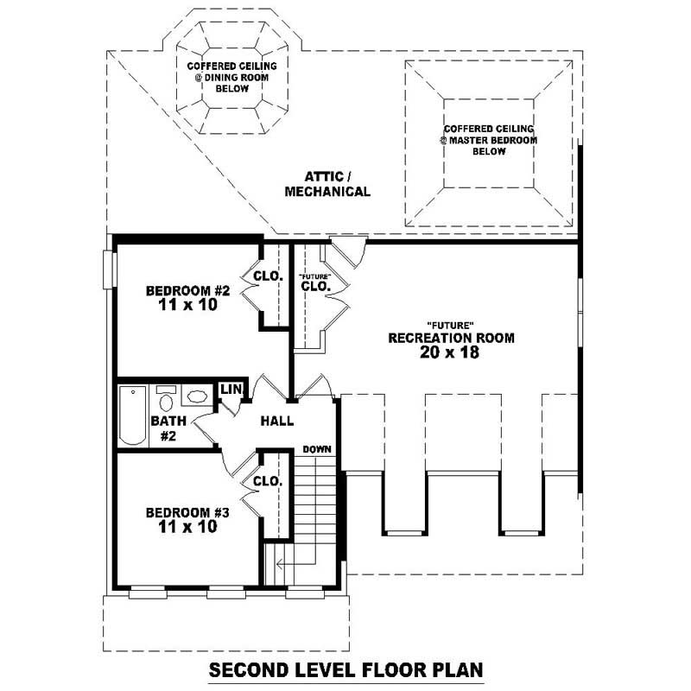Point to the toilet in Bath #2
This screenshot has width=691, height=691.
click(x=166, y=400)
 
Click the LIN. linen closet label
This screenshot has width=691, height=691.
click(x=231, y=390)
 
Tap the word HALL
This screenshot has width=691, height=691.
click(x=277, y=422)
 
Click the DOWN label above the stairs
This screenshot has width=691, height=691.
click(x=317, y=449)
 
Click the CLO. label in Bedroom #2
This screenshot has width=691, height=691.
click(x=267, y=276)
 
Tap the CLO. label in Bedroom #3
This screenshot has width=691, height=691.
click(x=267, y=481)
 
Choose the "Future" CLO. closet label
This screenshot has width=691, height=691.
click(x=315, y=282)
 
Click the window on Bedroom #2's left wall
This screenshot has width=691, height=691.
click(x=108, y=269)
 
